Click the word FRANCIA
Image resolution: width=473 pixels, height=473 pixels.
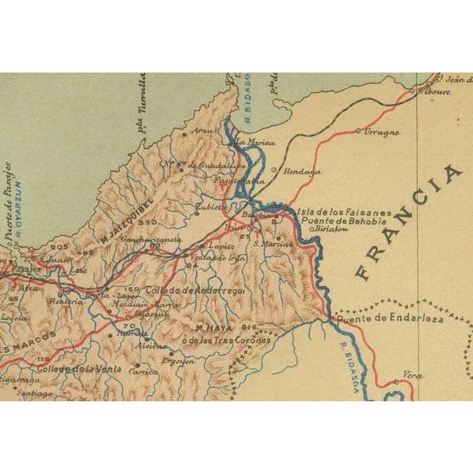point(408,222)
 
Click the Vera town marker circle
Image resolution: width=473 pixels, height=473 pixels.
point(397,383)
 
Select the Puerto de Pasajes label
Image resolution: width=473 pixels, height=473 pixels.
point(8,193)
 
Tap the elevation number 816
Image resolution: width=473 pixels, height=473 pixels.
point(251,326)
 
